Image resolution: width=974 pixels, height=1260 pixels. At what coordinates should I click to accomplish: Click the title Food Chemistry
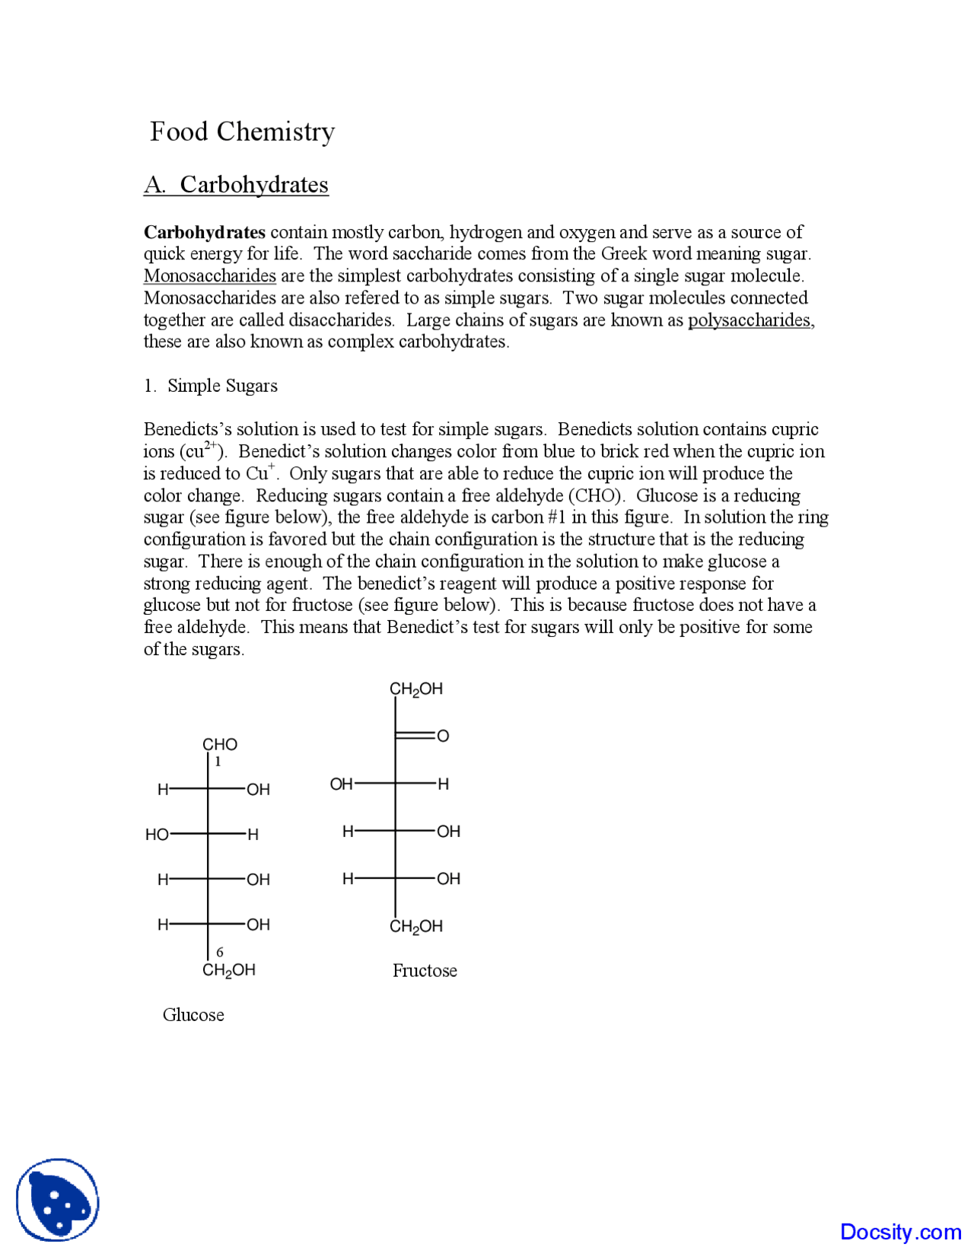click(242, 132)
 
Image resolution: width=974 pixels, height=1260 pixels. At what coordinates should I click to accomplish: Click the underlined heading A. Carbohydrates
click(236, 185)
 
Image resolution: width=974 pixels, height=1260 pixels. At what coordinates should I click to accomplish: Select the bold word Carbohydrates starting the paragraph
click(205, 232)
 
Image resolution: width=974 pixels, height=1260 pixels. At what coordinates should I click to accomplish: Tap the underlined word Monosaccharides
click(209, 275)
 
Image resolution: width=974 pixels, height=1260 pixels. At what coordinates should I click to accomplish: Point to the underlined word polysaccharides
click(750, 320)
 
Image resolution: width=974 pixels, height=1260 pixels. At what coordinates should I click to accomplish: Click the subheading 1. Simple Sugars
click(211, 386)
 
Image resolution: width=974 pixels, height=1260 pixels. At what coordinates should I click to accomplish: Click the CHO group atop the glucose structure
click(220, 744)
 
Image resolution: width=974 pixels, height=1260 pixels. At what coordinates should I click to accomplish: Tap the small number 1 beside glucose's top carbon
click(218, 762)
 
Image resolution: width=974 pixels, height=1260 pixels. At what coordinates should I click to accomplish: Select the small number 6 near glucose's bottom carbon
click(220, 952)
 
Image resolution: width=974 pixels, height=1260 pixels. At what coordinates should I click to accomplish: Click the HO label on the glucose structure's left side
click(157, 835)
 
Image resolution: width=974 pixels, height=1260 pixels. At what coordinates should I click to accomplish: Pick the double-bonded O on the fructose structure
click(443, 736)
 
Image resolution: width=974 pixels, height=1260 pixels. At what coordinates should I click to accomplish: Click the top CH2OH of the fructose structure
click(416, 689)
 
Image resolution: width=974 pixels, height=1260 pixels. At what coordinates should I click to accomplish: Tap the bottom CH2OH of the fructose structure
click(416, 927)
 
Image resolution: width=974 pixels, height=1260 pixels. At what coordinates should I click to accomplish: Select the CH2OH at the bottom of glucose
click(229, 970)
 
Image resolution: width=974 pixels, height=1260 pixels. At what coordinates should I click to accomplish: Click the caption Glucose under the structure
click(193, 1015)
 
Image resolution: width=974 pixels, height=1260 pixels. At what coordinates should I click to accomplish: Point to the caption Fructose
click(425, 971)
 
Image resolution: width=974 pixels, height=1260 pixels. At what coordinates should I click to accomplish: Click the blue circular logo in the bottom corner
click(58, 1200)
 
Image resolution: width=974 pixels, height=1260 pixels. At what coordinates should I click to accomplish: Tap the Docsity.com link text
click(900, 1232)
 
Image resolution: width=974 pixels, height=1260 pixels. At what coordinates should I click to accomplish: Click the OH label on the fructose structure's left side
click(341, 784)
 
